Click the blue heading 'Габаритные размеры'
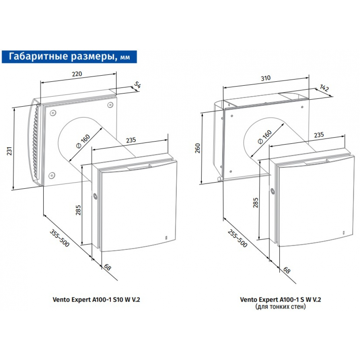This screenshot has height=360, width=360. coord(68,56)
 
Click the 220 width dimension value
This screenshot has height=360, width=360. coord(77,74)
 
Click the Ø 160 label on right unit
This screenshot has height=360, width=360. coord(265,136)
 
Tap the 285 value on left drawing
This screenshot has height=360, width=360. coord(78,210)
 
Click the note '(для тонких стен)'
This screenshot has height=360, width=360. coord(280,307)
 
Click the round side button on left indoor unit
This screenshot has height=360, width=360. coord(95,197)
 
